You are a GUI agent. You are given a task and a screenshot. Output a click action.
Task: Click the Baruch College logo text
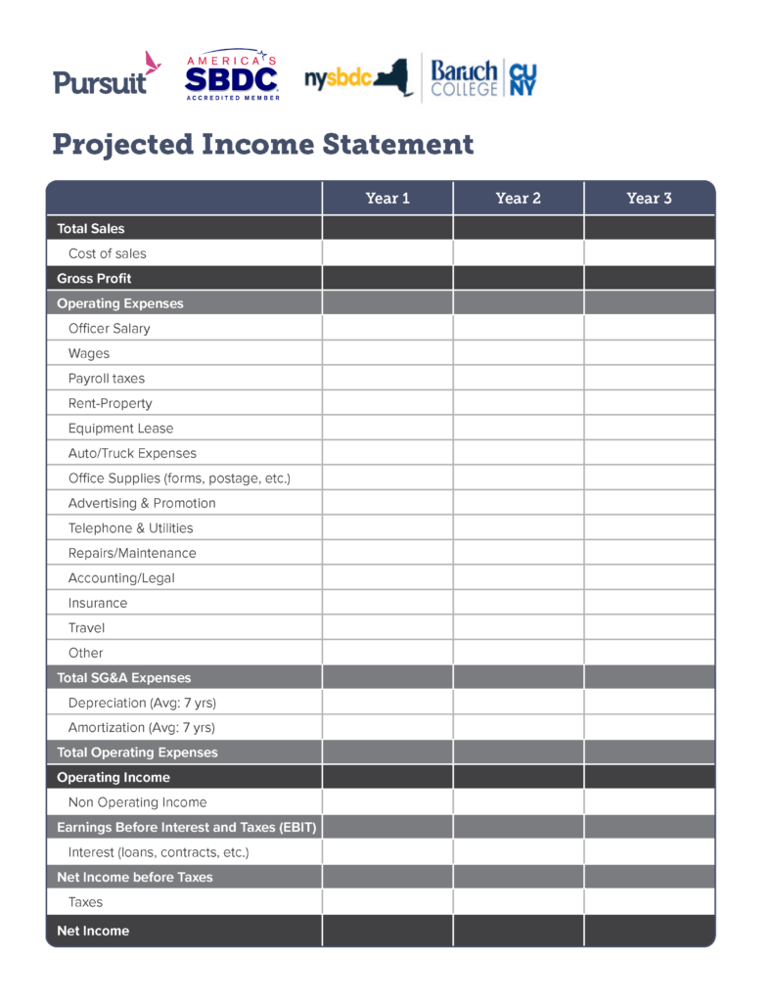(x=465, y=77)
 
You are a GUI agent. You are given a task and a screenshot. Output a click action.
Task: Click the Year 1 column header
(x=387, y=199)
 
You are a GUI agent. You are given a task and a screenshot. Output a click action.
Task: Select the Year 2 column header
(x=518, y=199)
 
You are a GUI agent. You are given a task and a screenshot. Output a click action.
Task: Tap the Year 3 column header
(x=649, y=199)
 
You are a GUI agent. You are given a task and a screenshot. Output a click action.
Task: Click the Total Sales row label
(x=91, y=229)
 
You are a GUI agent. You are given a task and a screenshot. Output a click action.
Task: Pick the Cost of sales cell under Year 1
(x=387, y=253)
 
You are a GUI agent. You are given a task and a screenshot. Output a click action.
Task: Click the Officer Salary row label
(x=110, y=329)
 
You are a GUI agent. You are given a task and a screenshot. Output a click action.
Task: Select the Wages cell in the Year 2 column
(x=518, y=353)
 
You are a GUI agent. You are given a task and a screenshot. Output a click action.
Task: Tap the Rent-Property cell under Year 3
(x=649, y=403)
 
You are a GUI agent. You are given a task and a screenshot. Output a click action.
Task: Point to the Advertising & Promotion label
(x=142, y=503)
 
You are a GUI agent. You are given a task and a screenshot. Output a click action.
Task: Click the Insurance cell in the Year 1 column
(x=387, y=603)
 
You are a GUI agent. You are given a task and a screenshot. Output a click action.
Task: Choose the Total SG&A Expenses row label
(x=124, y=678)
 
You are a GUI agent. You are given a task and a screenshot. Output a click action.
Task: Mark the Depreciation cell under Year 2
(x=518, y=703)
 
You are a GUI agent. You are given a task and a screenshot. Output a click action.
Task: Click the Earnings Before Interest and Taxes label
(x=186, y=828)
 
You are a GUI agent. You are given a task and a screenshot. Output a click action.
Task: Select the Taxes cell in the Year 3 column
(x=649, y=902)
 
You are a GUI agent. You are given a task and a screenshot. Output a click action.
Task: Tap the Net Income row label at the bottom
(x=93, y=931)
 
